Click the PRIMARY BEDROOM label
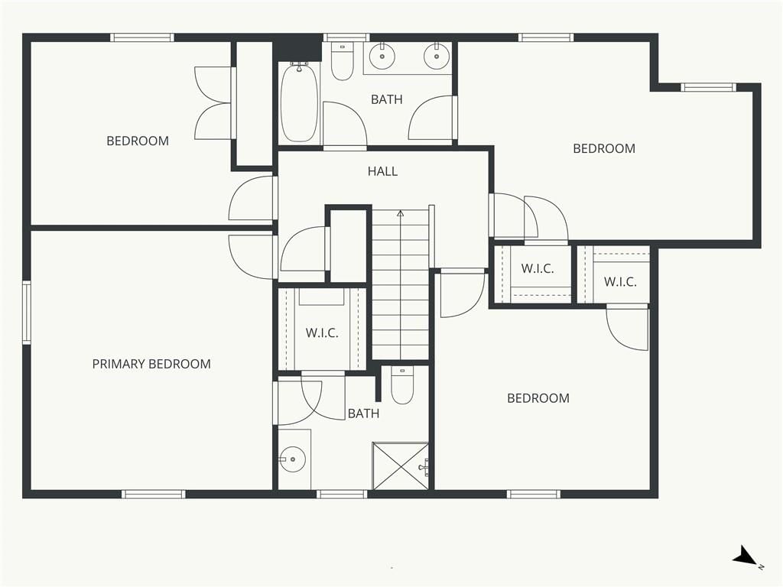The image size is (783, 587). pyautogui.click(x=151, y=364)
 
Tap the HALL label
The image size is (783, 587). pyautogui.click(x=382, y=171)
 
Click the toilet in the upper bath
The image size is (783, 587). pyautogui.click(x=342, y=61)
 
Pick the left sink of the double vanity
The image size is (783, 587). pyautogui.click(x=382, y=54)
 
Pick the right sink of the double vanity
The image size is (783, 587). pyautogui.click(x=437, y=54)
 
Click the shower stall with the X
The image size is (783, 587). pyautogui.click(x=401, y=465)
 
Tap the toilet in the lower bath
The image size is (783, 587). pyautogui.click(x=402, y=385)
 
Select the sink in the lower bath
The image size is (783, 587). pyautogui.click(x=292, y=459)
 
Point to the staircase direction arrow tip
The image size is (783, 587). pyautogui.click(x=400, y=212)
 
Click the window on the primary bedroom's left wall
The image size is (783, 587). pyautogui.click(x=27, y=313)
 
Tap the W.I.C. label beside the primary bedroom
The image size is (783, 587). pyautogui.click(x=322, y=332)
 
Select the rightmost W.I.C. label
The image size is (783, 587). pyautogui.click(x=620, y=282)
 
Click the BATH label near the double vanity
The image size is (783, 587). pyautogui.click(x=386, y=99)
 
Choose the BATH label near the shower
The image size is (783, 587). pyautogui.click(x=363, y=413)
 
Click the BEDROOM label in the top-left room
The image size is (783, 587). pyautogui.click(x=138, y=141)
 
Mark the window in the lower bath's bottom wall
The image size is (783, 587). pyautogui.click(x=342, y=495)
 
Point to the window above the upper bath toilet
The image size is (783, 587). pyautogui.click(x=346, y=37)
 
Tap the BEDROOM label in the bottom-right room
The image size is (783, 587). pyautogui.click(x=538, y=398)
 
